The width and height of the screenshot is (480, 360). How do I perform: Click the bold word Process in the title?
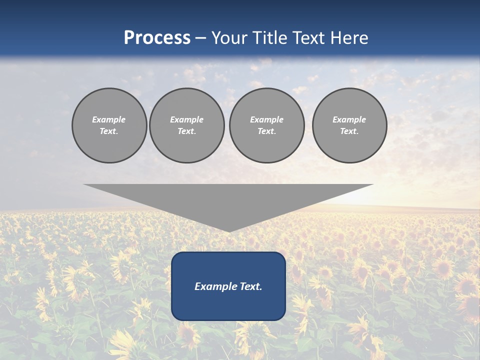tap(157, 38)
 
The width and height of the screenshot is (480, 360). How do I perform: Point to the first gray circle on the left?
tap(109, 125)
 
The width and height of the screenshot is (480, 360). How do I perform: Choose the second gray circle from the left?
tap(186, 125)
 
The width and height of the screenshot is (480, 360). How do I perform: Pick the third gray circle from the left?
tap(266, 125)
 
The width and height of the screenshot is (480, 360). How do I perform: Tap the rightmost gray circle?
tap(349, 125)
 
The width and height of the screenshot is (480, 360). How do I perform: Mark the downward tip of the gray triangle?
tap(229, 231)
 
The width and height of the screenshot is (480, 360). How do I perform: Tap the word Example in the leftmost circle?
tap(109, 119)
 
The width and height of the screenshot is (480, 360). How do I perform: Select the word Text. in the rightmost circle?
tap(349, 131)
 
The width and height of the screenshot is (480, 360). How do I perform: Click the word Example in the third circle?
tap(266, 119)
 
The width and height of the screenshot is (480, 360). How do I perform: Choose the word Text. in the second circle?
tap(186, 131)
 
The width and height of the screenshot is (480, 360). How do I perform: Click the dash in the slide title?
tap(200, 38)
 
